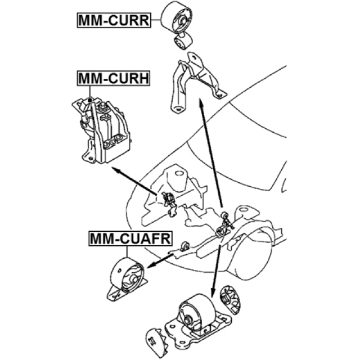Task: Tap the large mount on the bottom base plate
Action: click(197, 318)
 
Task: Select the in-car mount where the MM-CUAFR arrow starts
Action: click(184, 246)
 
